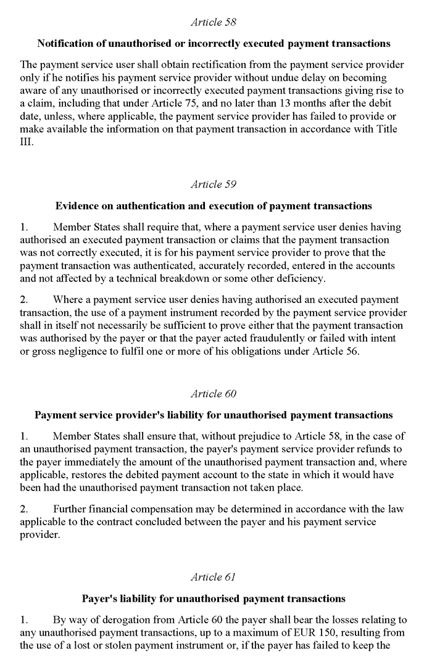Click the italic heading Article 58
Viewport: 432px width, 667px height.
click(x=214, y=22)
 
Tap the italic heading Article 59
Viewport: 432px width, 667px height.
click(x=214, y=184)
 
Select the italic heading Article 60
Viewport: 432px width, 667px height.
click(x=214, y=394)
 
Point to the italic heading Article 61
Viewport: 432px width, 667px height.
click(x=214, y=577)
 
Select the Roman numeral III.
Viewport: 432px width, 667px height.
click(x=27, y=141)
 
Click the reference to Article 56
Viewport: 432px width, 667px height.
click(x=331, y=352)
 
